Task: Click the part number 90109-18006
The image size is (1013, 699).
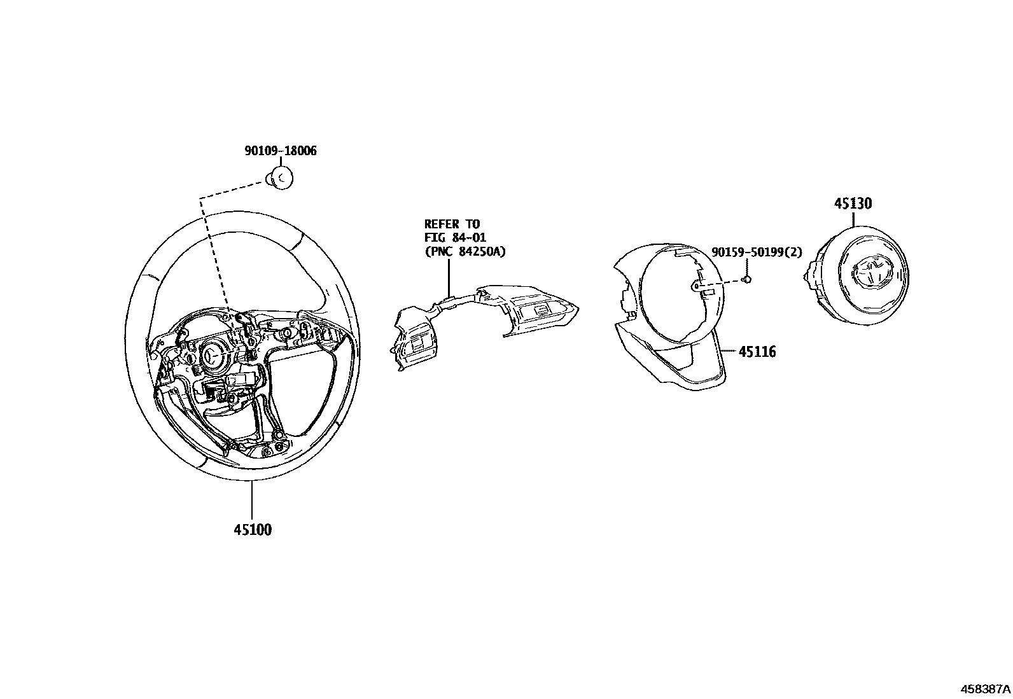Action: point(281,151)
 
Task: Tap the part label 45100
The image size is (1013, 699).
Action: point(252,529)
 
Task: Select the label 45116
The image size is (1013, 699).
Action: point(757,352)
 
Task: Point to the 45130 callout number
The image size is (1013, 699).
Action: point(853,204)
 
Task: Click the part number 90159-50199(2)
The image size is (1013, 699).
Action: point(757,253)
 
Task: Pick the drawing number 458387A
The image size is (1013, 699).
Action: point(985,689)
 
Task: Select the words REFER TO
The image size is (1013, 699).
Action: point(452,224)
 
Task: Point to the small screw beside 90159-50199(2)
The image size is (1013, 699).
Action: point(748,279)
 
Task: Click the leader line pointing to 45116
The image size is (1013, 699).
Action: point(728,351)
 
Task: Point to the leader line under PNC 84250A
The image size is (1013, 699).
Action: point(449,277)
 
